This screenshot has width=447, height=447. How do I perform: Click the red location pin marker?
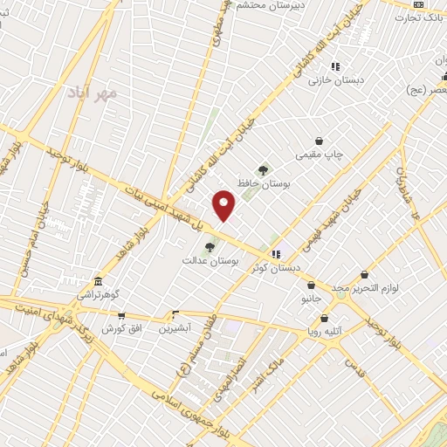pyautogui.click(x=224, y=206)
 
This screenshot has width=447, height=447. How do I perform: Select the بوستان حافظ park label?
pyautogui.click(x=263, y=184)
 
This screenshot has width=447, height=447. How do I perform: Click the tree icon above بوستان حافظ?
pyautogui.click(x=263, y=169)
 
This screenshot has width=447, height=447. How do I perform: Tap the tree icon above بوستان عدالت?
pyautogui.click(x=209, y=247)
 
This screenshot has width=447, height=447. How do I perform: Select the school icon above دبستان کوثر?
pyautogui.click(x=277, y=254)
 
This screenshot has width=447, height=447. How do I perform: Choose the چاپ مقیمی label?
pyautogui.click(x=320, y=155)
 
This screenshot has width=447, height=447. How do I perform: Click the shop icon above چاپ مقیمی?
pyautogui.click(x=319, y=141)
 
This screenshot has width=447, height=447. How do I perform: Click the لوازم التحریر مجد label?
pyautogui.click(x=364, y=288)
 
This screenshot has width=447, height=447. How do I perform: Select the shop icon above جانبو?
pyautogui.click(x=311, y=285)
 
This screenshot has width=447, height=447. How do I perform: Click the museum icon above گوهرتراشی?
pyautogui.click(x=97, y=282)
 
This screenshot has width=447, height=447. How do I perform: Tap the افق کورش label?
pyautogui.click(x=121, y=329)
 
